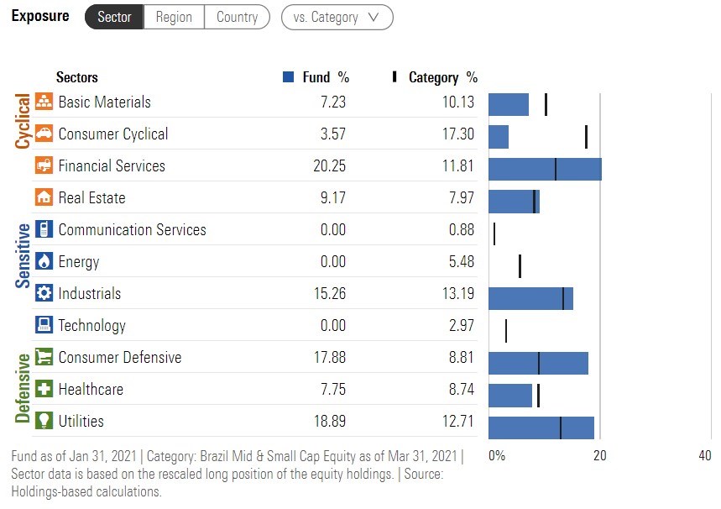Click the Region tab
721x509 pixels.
(x=174, y=17)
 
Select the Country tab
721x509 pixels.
(x=237, y=17)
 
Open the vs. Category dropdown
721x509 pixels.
(x=337, y=17)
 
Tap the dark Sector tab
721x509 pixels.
(x=114, y=17)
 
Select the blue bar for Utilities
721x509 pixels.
(x=541, y=428)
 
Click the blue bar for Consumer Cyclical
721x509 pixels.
(x=499, y=137)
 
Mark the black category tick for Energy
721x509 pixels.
(x=520, y=266)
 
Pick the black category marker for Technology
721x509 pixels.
(x=505, y=331)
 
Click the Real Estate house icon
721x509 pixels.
(x=44, y=198)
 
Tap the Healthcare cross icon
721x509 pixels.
(x=44, y=390)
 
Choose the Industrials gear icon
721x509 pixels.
(x=44, y=294)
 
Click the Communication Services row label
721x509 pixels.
(x=132, y=230)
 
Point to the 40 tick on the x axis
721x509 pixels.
(x=704, y=456)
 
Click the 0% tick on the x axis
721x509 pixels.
(x=497, y=456)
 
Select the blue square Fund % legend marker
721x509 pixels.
(x=288, y=77)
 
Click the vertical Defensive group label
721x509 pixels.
(x=23, y=388)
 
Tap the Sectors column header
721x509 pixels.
(x=76, y=77)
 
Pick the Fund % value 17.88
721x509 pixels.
(x=329, y=358)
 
